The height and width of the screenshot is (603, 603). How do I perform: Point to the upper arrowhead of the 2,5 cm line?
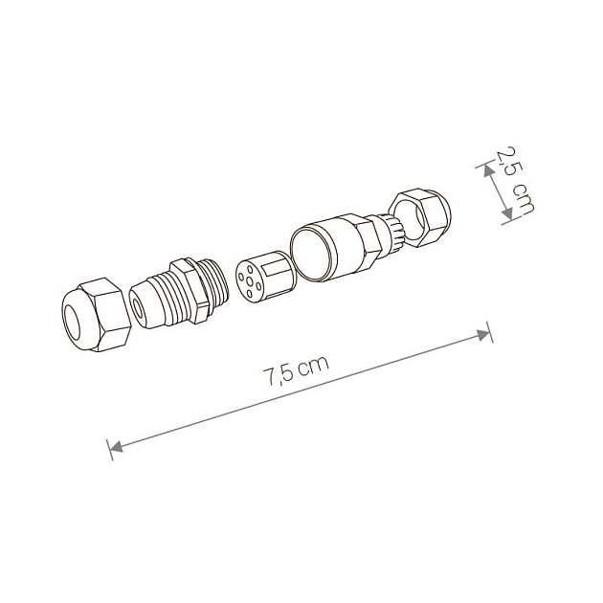coord(486,169)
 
